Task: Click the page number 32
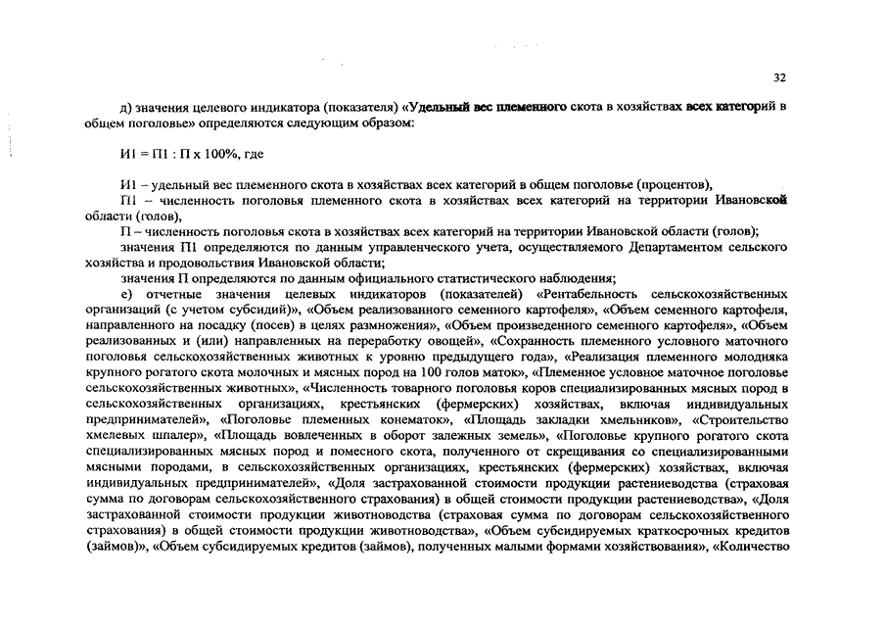coord(779,77)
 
